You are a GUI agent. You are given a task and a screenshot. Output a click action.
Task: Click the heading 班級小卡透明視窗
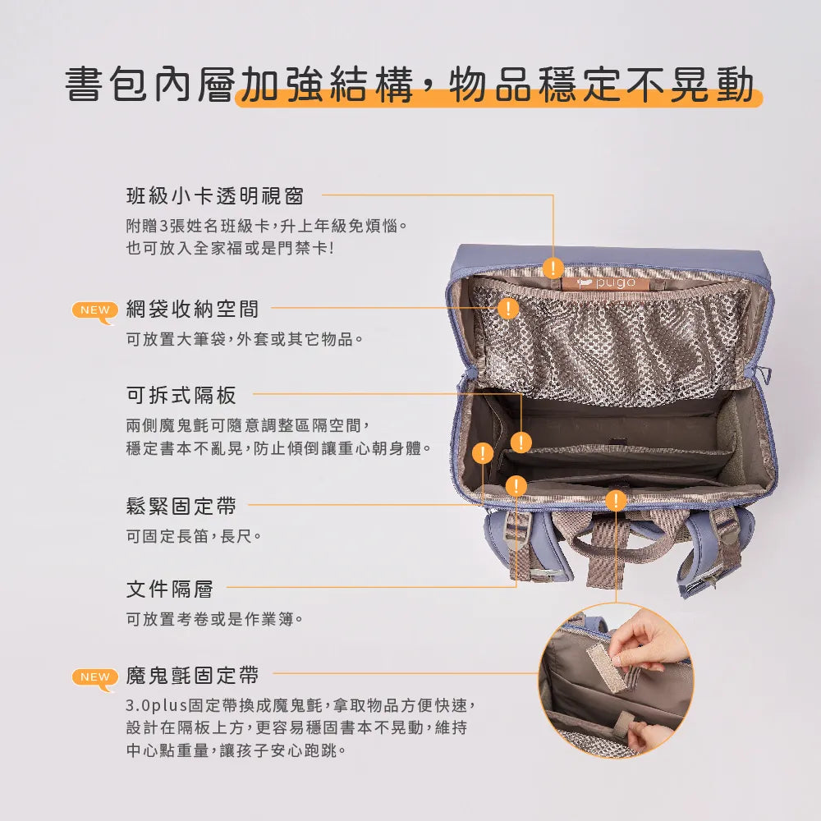tap(214, 196)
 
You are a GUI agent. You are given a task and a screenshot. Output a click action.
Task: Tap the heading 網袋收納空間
tap(192, 309)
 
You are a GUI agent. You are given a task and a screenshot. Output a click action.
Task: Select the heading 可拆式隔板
tap(181, 396)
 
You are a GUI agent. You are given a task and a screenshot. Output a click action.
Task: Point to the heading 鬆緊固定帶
tap(181, 507)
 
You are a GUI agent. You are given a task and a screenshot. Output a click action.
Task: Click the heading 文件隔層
tap(170, 589)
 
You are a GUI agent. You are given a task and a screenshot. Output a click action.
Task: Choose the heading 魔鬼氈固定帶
tap(192, 676)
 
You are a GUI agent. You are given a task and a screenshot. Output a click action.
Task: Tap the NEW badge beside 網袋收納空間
tap(94, 312)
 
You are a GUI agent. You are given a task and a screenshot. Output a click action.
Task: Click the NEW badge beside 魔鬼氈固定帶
tap(94, 679)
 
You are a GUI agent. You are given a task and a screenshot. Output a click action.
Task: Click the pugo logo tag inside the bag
tap(606, 283)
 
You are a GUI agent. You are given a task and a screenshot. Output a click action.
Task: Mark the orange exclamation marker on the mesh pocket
tap(508, 309)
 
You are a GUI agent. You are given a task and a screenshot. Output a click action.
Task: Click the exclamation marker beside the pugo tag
tap(553, 268)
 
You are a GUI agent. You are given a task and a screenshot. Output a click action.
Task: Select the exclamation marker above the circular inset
tap(616, 500)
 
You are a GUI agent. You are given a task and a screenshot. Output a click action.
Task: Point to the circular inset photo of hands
tap(617, 680)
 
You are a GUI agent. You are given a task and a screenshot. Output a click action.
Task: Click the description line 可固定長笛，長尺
tap(194, 536)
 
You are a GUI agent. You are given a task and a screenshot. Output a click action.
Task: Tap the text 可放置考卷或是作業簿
tap(214, 619)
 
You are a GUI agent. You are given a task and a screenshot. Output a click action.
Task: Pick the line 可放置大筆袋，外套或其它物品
tap(245, 339)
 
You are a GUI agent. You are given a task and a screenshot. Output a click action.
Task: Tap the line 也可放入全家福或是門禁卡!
tap(230, 248)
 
